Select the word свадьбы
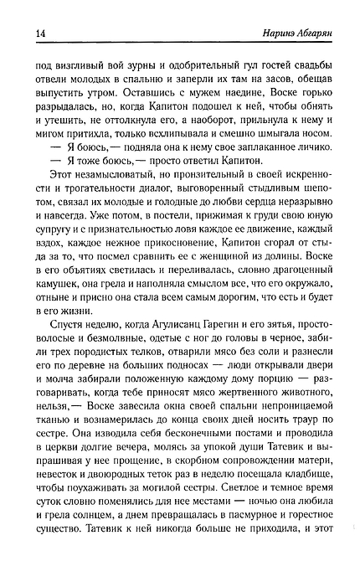pos(312,65)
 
